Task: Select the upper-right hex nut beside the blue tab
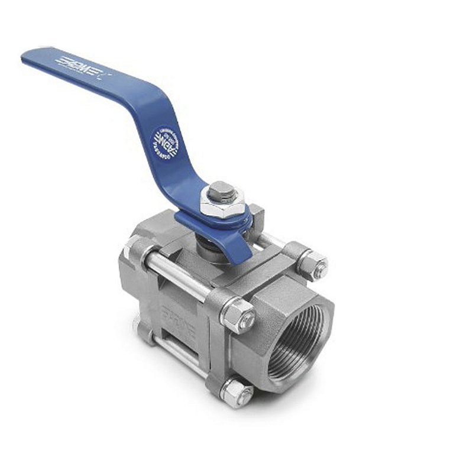(x=311, y=264)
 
